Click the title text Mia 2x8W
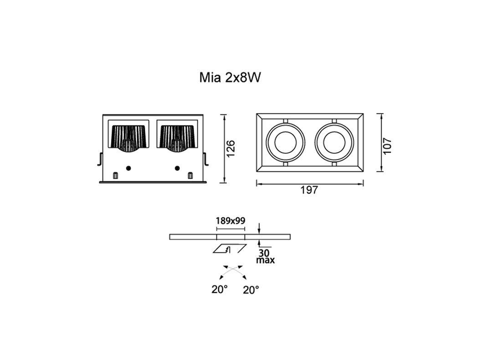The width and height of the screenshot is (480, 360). (230, 77)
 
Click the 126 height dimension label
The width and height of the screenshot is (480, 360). (230, 149)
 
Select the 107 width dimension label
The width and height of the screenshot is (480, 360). (387, 146)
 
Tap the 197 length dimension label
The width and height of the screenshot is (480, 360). (309, 190)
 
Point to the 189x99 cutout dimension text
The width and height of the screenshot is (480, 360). (230, 221)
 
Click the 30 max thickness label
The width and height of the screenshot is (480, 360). (265, 257)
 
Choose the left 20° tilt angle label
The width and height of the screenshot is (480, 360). (220, 289)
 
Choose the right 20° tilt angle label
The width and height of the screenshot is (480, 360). (251, 289)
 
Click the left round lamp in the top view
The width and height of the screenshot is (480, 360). (285, 143)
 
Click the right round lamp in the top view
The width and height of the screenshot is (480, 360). (334, 143)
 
